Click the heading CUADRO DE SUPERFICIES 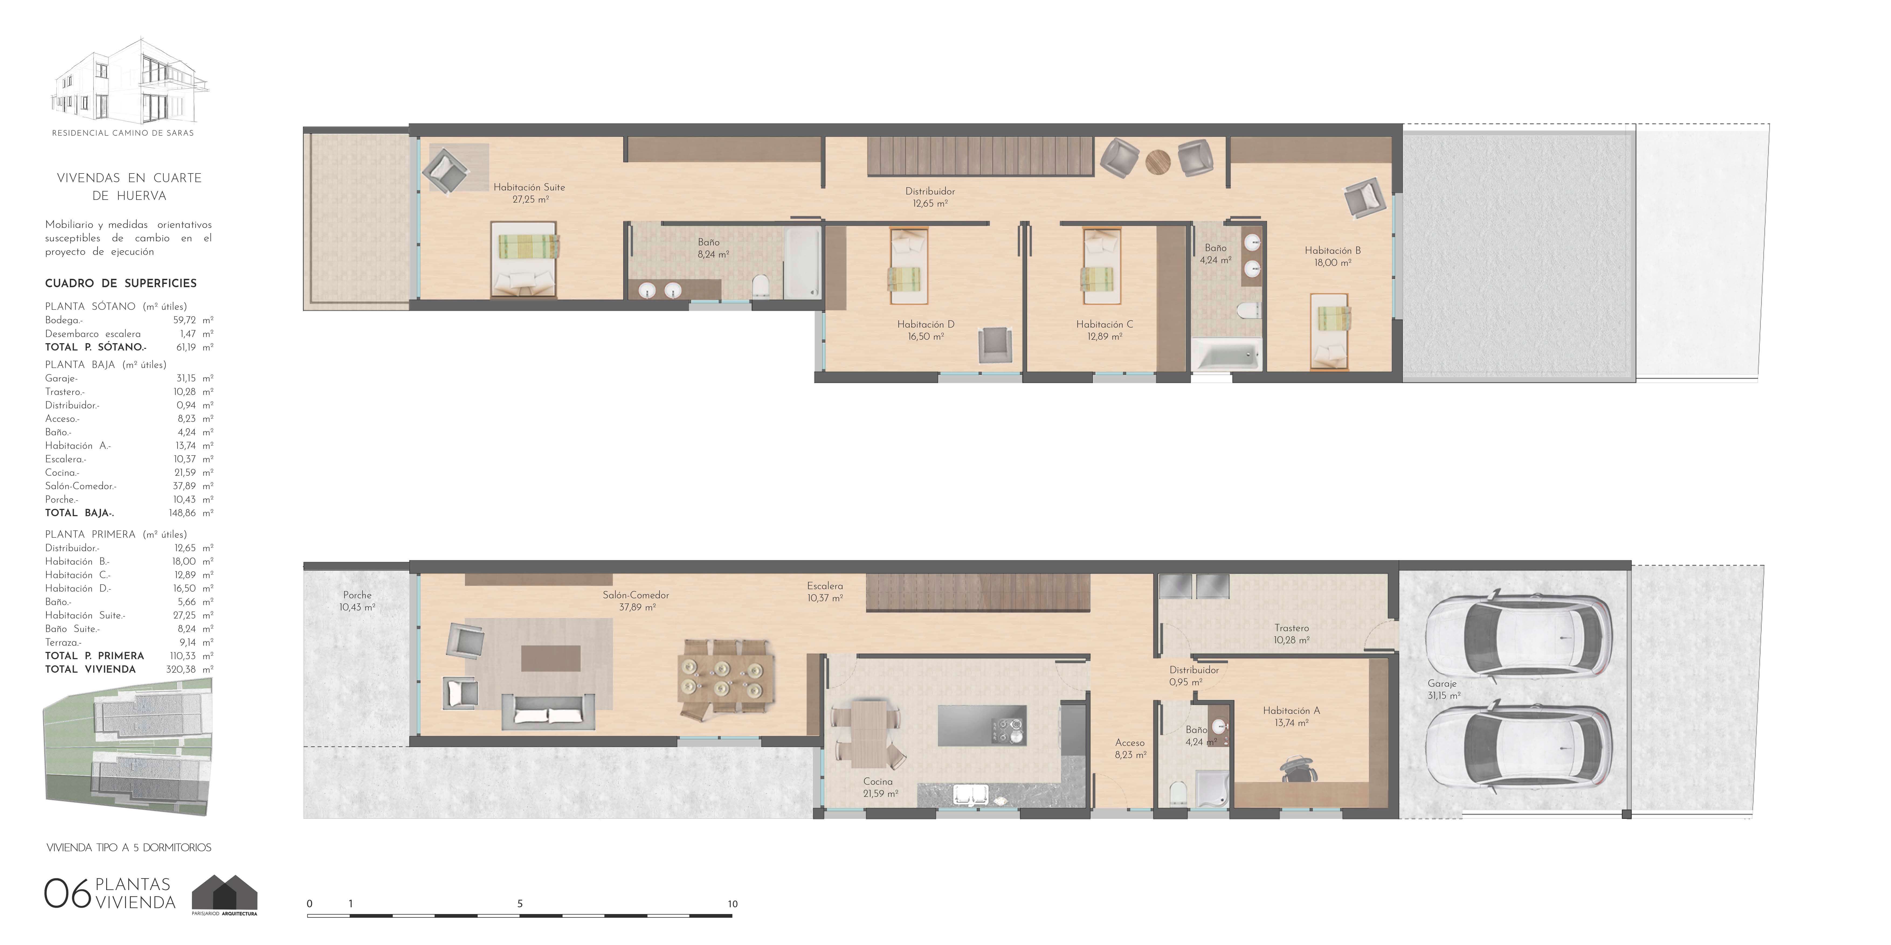(x=121, y=283)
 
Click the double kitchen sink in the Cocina (x=971, y=795)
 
